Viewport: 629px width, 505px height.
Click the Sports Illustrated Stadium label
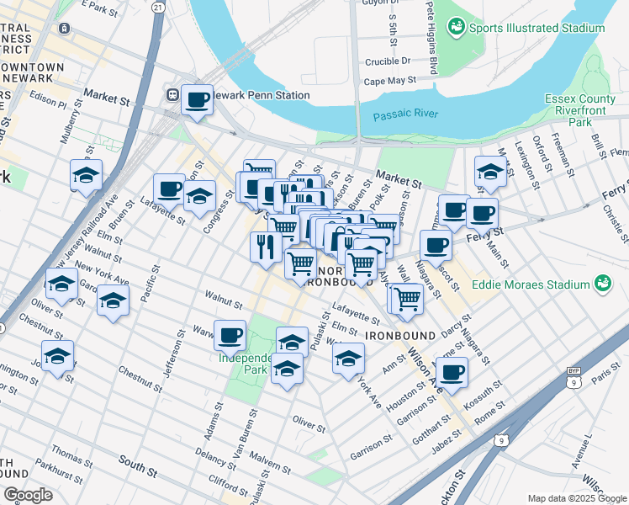click(x=536, y=28)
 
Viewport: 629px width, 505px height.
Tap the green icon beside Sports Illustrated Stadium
click(x=456, y=28)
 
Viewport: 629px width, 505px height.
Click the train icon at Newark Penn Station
click(x=172, y=95)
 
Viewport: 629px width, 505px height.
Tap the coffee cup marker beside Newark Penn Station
click(x=198, y=100)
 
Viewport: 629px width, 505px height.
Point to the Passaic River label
click(x=404, y=115)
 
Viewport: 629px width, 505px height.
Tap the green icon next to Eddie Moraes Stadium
click(x=602, y=283)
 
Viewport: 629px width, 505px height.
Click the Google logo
click(x=28, y=494)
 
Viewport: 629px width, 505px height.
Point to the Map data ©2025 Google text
click(x=577, y=498)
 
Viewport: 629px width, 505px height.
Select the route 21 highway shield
click(x=157, y=7)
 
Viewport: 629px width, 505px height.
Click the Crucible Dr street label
click(x=388, y=61)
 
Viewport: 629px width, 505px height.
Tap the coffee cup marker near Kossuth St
click(x=452, y=372)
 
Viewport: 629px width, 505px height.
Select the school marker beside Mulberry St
click(x=87, y=175)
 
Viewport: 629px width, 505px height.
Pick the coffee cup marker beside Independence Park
click(x=230, y=336)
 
